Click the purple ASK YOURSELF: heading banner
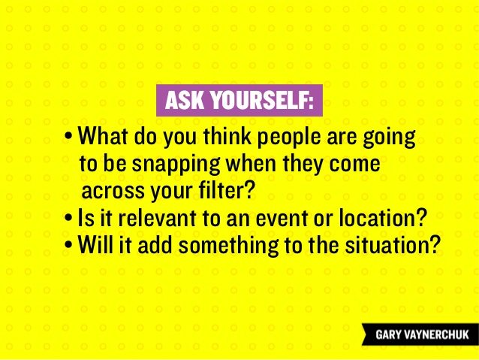239,101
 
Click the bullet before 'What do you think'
69,138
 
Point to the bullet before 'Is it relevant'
69,219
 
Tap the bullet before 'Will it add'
69,245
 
